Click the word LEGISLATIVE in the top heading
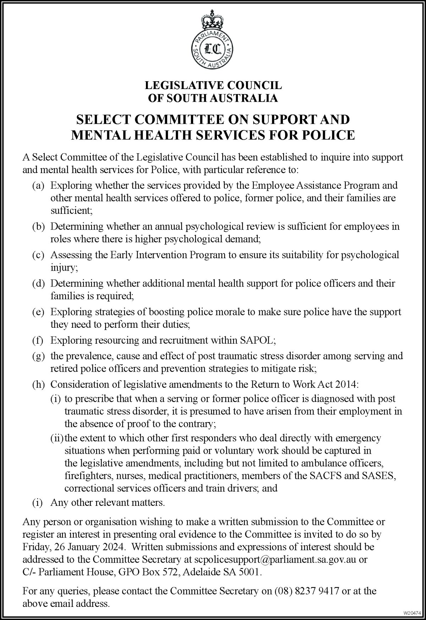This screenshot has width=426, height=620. coord(180,85)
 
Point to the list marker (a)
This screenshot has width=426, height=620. coord(38,186)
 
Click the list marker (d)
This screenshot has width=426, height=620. coord(38,283)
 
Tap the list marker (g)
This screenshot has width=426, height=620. coord(38,356)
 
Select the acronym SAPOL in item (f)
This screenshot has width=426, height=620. coord(258,340)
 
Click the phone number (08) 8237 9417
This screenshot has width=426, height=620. coord(307,591)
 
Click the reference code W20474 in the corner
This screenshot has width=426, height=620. coord(412,613)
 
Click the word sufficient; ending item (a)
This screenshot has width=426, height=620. coord(71,211)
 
